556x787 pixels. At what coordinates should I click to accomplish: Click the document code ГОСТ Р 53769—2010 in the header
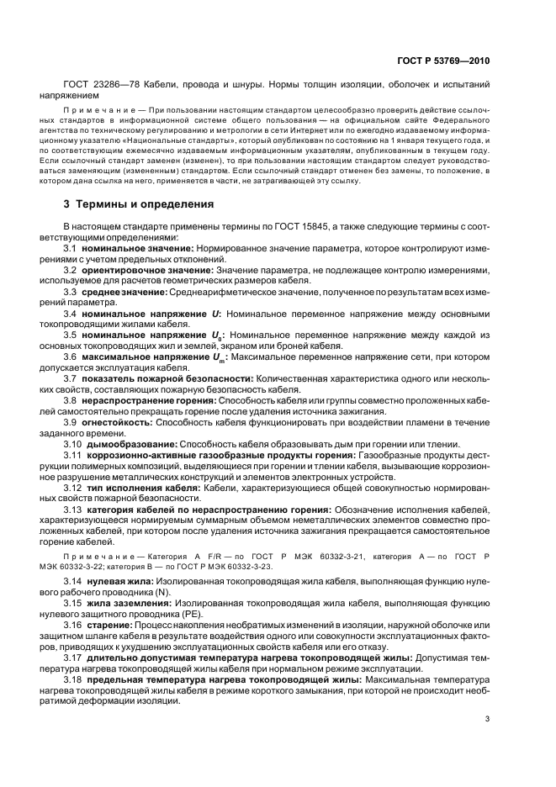click(x=443, y=61)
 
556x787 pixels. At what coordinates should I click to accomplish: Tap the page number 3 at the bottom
click(x=487, y=717)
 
